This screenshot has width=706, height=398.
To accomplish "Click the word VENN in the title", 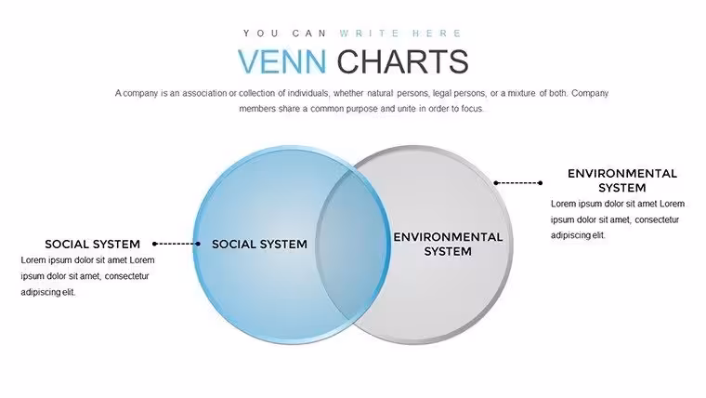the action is click(281, 61).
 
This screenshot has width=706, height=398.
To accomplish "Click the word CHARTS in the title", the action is click(402, 61).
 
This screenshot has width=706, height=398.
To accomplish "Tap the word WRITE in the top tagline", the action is click(370, 33).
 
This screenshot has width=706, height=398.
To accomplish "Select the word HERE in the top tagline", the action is click(437, 33).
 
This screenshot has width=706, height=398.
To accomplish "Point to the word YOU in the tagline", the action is click(261, 33).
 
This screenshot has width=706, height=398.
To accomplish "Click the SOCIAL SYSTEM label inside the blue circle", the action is click(259, 245).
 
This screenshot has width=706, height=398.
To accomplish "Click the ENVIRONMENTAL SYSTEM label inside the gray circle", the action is click(448, 245).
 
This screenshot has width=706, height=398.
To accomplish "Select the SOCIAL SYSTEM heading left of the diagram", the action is click(92, 245).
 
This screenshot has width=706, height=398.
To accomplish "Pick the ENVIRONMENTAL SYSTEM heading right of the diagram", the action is click(622, 180).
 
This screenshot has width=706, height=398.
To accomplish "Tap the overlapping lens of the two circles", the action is click(353, 245).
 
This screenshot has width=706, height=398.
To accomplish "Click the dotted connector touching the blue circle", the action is click(176, 244).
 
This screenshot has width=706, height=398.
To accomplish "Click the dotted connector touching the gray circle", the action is click(518, 183).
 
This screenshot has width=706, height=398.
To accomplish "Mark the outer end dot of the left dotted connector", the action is click(154, 244).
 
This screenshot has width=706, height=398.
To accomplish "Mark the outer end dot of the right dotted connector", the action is click(541, 183).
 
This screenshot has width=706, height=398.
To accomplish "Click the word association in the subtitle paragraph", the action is click(204, 93).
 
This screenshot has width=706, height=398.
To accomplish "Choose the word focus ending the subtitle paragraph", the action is click(471, 109).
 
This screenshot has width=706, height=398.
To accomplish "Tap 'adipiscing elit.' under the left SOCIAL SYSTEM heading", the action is click(48, 292).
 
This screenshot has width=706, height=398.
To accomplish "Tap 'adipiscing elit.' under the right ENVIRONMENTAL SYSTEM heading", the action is click(578, 235).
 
